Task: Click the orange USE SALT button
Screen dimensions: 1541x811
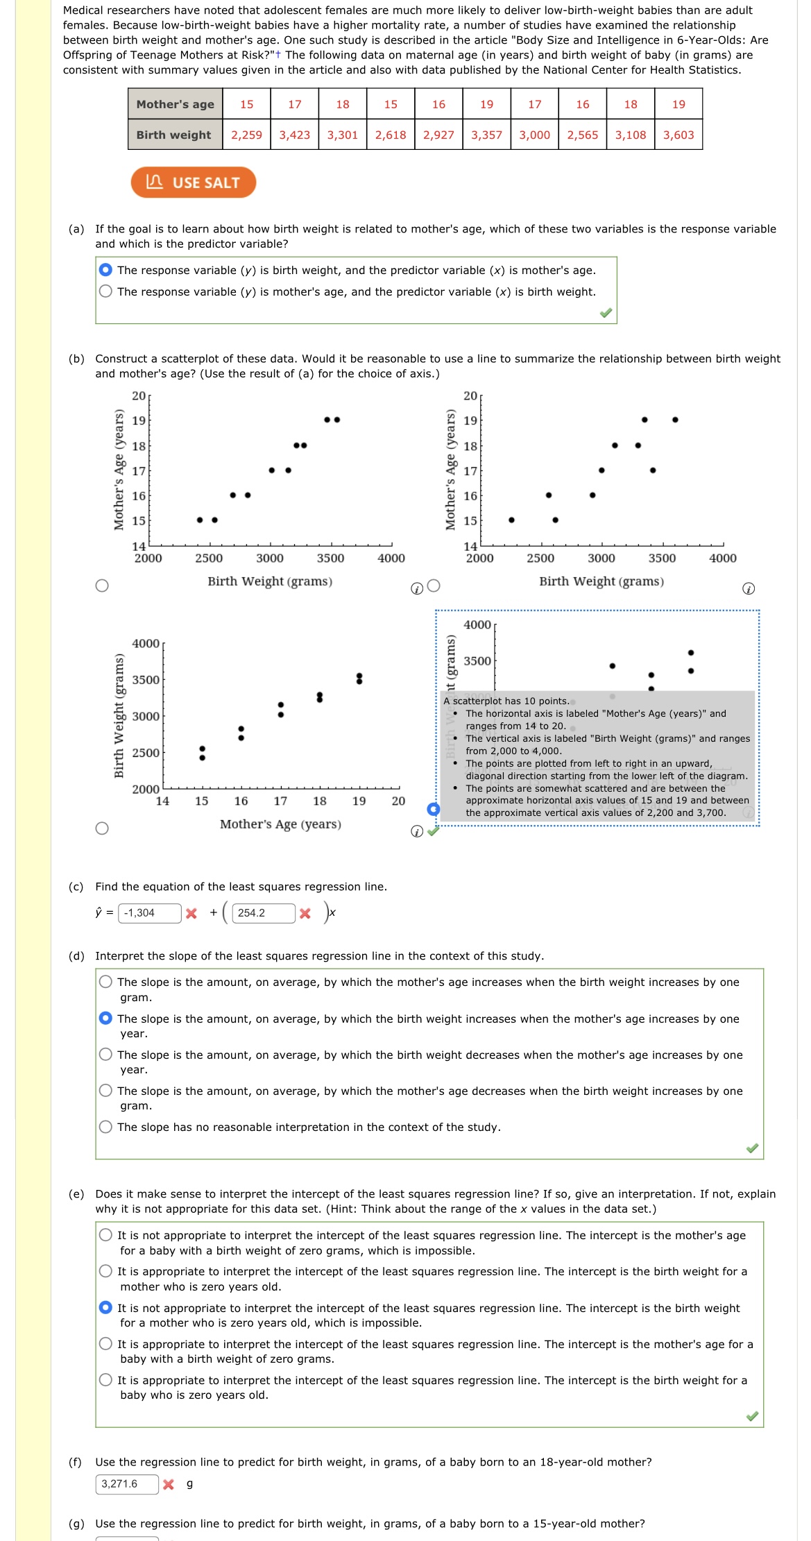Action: coord(193,182)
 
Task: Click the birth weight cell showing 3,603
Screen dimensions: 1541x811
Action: coord(678,135)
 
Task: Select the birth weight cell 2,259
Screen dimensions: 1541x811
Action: coord(246,135)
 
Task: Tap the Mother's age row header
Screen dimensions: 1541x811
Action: coord(175,104)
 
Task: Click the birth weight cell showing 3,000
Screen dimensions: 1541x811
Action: coord(534,135)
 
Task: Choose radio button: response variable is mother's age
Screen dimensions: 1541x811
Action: coord(105,291)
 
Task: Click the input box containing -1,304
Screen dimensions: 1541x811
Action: coord(149,913)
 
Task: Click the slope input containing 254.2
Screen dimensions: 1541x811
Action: coord(263,913)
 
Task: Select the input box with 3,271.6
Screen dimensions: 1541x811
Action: coord(127,1483)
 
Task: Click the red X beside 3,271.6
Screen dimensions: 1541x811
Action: coord(169,1484)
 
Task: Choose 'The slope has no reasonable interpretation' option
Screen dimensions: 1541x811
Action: coord(105,1127)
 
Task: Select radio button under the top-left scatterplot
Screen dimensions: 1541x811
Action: coord(102,586)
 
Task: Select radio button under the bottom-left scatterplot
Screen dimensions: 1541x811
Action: coord(102,828)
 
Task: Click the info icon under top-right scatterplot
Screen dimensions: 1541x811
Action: coord(749,589)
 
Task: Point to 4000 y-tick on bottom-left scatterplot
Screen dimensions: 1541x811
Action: coord(146,643)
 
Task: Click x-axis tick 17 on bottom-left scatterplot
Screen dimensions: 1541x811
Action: coord(280,801)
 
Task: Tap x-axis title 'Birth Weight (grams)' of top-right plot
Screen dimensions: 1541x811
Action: coord(601,581)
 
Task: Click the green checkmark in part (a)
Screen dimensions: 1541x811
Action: coord(606,313)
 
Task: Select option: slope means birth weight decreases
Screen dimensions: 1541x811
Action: coord(105,1055)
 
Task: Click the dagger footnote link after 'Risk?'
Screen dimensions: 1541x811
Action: coord(278,55)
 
